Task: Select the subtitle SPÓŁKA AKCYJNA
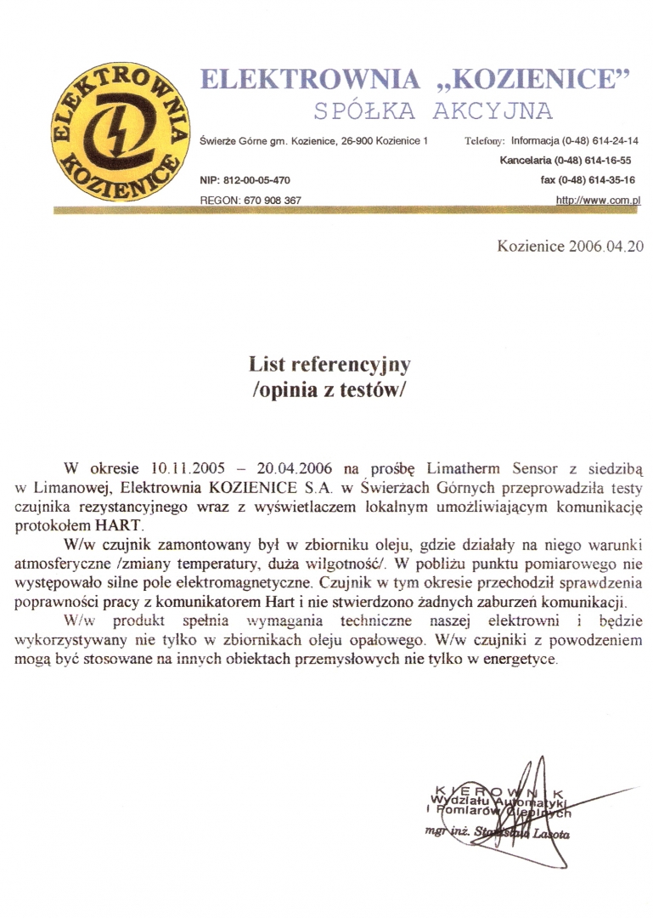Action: [432, 111]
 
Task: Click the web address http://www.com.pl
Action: [597, 200]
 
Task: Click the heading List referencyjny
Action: [329, 365]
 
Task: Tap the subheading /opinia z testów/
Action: [329, 392]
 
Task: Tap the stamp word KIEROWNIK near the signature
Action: [497, 790]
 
